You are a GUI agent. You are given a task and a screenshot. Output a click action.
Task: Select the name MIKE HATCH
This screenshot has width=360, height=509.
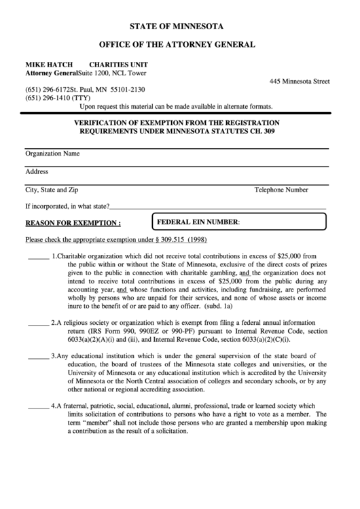click(45, 64)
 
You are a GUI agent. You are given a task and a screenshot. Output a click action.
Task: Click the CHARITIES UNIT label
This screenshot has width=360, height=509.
click(115, 64)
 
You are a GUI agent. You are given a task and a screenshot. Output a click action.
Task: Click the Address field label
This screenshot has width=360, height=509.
click(37, 172)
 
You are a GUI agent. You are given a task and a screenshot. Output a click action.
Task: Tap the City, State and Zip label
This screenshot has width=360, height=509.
click(52, 190)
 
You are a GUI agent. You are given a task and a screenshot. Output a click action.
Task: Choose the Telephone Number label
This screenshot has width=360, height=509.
click(281, 190)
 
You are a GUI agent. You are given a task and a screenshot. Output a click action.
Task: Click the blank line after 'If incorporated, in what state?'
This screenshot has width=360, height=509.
click(217, 207)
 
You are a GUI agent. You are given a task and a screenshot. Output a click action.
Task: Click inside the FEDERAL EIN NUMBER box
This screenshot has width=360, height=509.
click(282, 223)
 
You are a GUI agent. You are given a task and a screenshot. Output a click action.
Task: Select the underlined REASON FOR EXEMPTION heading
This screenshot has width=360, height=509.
click(73, 223)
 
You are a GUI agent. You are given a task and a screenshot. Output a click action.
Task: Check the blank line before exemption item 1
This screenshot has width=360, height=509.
click(38, 256)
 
